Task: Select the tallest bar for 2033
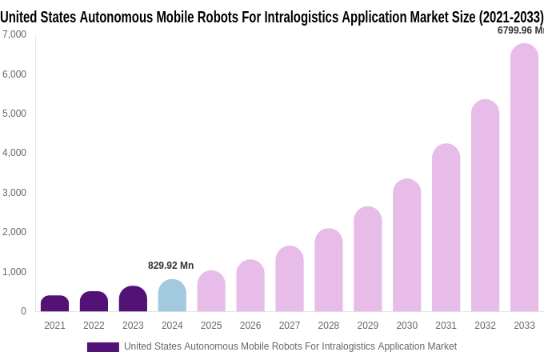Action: pyautogui.click(x=524, y=178)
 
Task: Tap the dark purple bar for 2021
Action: pyautogui.click(x=54, y=303)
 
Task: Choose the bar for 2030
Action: pyautogui.click(x=406, y=246)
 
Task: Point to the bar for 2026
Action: pyautogui.click(x=250, y=286)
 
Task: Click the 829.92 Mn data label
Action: pyautogui.click(x=170, y=266)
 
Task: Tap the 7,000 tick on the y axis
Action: pyautogui.click(x=14, y=34)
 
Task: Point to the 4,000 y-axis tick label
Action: pyautogui.click(x=14, y=153)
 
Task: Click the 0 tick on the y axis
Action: pyautogui.click(x=23, y=311)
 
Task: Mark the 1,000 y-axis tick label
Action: pyautogui.click(x=14, y=272)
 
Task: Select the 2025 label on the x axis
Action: pyautogui.click(x=211, y=326)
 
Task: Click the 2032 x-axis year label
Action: pyautogui.click(x=485, y=326)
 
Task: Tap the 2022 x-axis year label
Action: pyautogui.click(x=94, y=326)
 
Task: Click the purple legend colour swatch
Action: pyautogui.click(x=102, y=347)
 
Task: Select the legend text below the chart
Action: pyautogui.click(x=290, y=346)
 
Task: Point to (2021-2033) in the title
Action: pyautogui.click(x=510, y=17)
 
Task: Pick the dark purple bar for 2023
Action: pyautogui.click(x=133, y=298)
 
